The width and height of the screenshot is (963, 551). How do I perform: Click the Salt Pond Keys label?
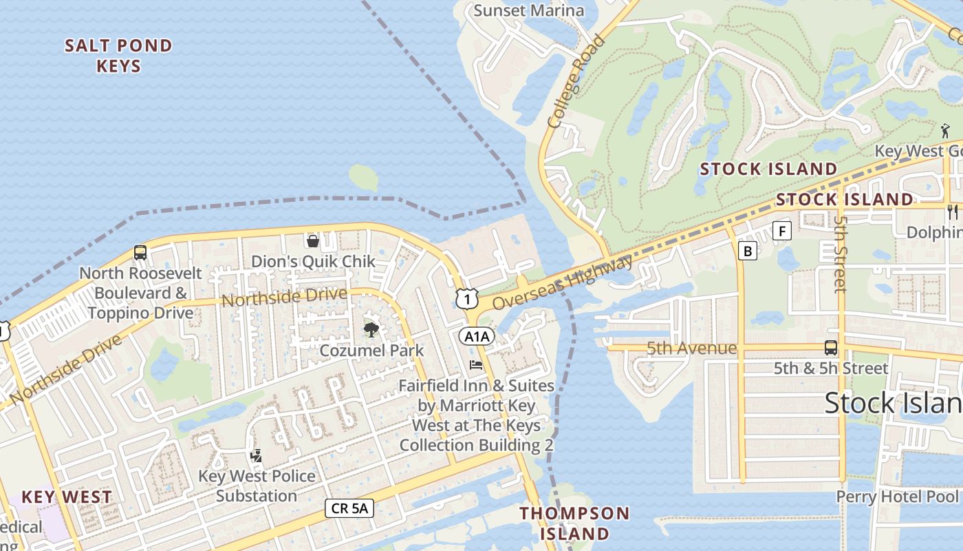(x=118, y=56)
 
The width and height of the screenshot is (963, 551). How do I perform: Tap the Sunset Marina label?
(x=529, y=10)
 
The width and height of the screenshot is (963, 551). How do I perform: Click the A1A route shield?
(x=477, y=336)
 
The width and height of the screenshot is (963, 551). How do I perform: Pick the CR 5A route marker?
(x=349, y=508)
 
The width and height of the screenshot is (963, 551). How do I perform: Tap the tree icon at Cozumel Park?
(x=371, y=329)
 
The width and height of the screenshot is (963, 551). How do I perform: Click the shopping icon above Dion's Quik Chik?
(x=313, y=240)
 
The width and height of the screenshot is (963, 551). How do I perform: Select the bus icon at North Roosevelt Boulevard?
(x=140, y=252)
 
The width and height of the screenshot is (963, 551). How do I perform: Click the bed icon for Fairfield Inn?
(x=476, y=364)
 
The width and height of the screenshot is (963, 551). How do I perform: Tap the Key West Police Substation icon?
(x=256, y=455)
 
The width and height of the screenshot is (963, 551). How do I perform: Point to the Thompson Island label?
(x=574, y=523)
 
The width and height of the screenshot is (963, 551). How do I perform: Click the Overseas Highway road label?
(x=563, y=282)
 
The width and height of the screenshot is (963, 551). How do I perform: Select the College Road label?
(x=576, y=81)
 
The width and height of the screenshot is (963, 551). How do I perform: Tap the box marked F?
(x=781, y=231)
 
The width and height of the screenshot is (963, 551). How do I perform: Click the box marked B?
(x=748, y=251)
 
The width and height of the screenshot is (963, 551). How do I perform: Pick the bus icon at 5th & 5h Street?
(x=831, y=347)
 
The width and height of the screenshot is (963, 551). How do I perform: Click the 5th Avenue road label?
(x=691, y=349)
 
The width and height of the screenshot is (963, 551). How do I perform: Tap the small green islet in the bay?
(x=363, y=178)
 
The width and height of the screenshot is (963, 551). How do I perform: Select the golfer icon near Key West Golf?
(x=946, y=130)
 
